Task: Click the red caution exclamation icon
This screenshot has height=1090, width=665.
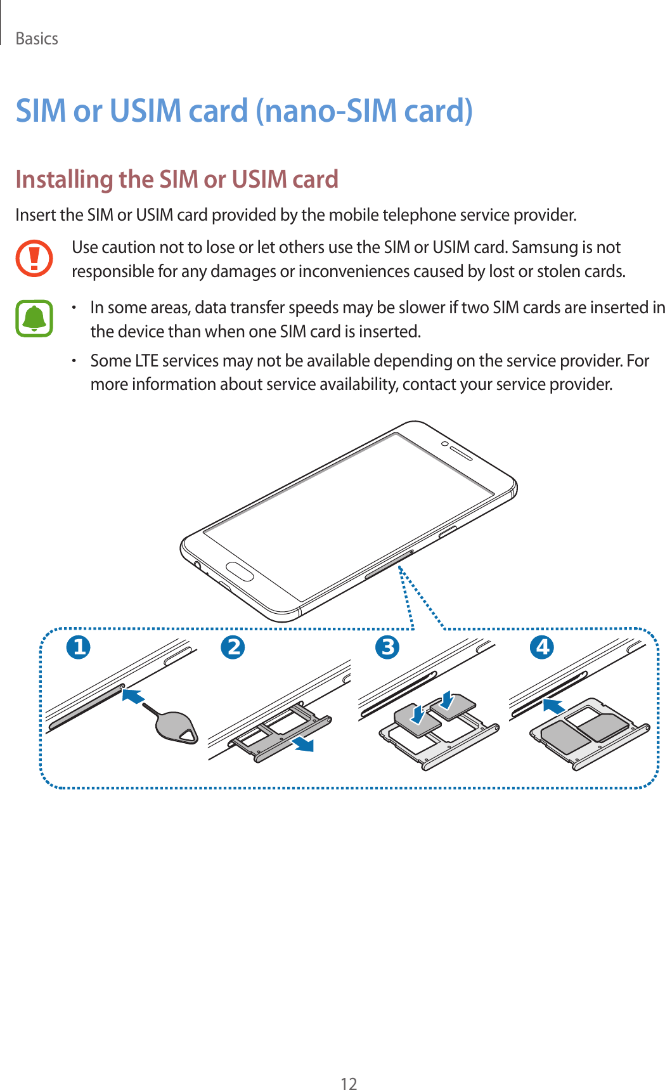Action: point(34,258)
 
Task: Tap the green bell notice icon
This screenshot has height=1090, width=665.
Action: point(34,318)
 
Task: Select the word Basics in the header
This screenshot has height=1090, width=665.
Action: point(37,39)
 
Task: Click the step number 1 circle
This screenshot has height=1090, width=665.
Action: point(79,647)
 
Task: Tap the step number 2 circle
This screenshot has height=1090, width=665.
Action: point(233,647)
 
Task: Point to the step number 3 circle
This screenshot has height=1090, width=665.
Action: point(387,647)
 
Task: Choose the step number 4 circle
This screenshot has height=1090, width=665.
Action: point(542,647)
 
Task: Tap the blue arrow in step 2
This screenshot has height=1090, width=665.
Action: point(302,743)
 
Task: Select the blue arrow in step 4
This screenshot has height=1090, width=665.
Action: point(554,706)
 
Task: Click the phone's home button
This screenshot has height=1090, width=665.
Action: point(240,573)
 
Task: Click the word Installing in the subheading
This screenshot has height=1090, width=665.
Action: point(63,179)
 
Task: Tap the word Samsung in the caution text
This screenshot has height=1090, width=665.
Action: point(543,247)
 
